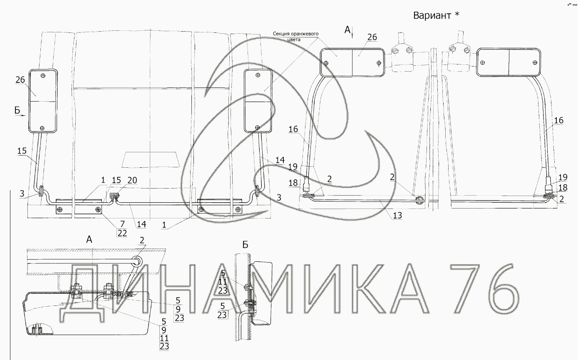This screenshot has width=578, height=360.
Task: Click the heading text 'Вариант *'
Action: tap(436, 15)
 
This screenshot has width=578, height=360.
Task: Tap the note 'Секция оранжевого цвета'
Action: tap(295, 37)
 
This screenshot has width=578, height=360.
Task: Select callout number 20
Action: tap(132, 180)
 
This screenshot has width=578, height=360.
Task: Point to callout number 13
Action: tap(397, 215)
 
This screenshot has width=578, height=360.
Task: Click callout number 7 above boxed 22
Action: tap(122, 224)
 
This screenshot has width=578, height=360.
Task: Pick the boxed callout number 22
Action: tap(122, 233)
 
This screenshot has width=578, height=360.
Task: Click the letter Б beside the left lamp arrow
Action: tap(17, 110)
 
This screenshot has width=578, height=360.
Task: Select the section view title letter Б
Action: tap(245, 245)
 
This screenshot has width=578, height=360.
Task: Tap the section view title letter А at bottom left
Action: tap(89, 239)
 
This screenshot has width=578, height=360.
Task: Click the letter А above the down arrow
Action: tap(347, 30)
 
